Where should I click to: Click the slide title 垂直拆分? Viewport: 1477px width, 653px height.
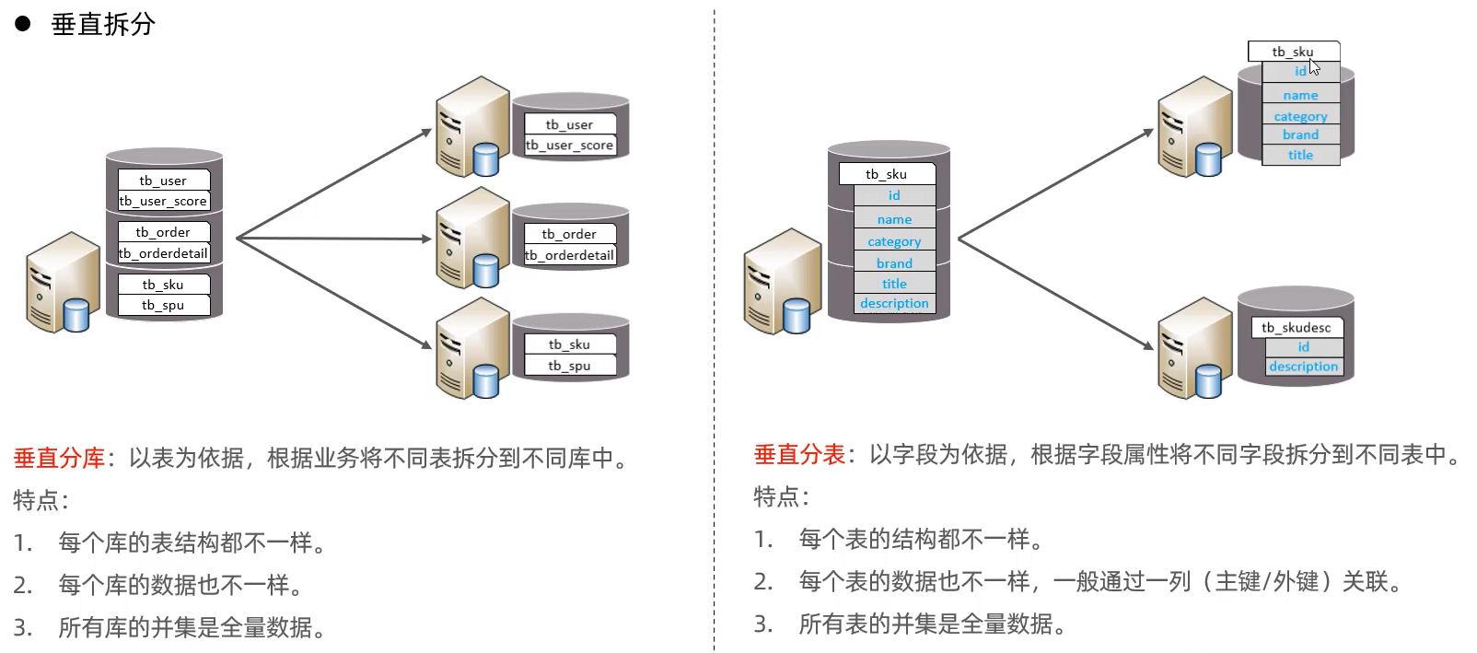coord(103,24)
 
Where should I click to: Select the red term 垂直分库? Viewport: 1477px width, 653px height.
coord(59,458)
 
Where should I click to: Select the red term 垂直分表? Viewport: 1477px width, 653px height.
coord(799,454)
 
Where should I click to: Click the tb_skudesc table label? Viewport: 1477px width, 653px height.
coord(1296,327)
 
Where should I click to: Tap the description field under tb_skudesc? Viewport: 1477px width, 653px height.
coord(1303,367)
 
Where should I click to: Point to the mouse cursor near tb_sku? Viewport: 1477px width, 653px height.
coord(1314,67)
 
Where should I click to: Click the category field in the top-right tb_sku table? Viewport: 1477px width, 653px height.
coord(1300,116)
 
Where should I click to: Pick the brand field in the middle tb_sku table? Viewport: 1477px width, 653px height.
coord(894,263)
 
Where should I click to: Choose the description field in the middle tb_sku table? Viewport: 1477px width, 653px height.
coord(894,303)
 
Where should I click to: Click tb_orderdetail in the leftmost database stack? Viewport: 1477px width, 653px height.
coord(164,253)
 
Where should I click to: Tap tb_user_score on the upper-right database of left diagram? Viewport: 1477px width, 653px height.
coord(569,145)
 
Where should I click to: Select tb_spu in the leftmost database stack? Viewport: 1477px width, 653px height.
coord(163,305)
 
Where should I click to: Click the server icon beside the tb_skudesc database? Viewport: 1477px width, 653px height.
coord(1193,348)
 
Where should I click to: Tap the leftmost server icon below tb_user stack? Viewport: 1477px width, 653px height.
coord(63,282)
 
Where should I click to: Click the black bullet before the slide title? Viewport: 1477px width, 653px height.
coord(23,24)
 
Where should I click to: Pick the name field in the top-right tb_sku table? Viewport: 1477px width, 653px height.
coord(1300,95)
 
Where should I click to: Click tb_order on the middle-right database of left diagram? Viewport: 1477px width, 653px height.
coord(568,234)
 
